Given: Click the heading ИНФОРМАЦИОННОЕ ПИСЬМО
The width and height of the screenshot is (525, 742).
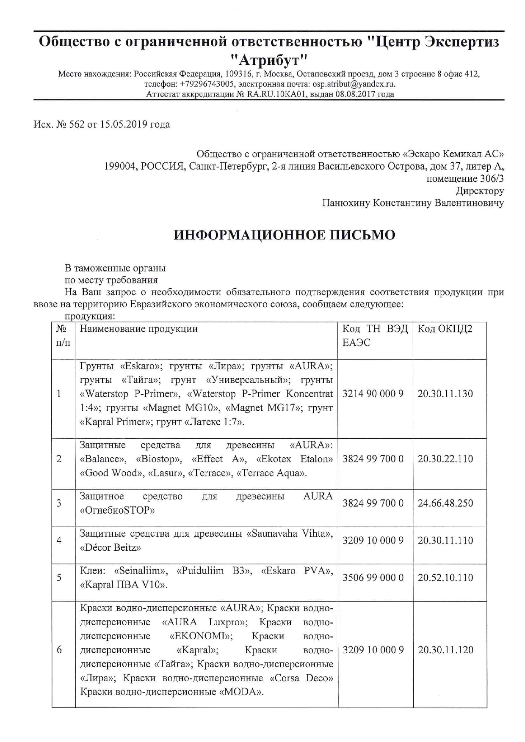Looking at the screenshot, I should tap(285, 235).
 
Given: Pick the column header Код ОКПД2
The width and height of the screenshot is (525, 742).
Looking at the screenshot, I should tap(445, 329).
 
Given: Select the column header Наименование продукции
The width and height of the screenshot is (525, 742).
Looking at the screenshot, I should tap(138, 329).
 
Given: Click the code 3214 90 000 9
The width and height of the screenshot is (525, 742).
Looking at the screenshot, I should tap(373, 394).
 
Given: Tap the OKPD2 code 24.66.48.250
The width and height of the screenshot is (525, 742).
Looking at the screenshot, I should tap(445, 503).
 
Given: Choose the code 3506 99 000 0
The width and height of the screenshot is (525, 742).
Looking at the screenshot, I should tap(373, 578).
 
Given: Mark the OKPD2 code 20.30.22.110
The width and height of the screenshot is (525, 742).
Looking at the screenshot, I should tap(445, 459).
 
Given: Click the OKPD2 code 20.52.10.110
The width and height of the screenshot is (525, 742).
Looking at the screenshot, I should tap(445, 578).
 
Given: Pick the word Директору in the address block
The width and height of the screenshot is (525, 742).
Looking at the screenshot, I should tap(480, 191).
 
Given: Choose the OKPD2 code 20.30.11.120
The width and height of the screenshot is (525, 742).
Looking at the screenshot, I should tap(445, 650).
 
